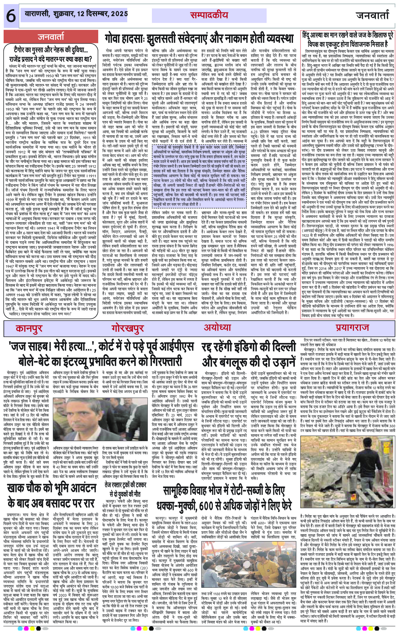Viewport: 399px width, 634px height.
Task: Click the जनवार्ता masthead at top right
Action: point(372,16)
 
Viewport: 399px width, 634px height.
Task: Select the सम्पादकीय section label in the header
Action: point(209,16)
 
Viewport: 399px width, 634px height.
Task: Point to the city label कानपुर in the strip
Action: point(29,328)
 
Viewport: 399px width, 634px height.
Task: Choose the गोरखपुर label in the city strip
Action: point(127,328)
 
